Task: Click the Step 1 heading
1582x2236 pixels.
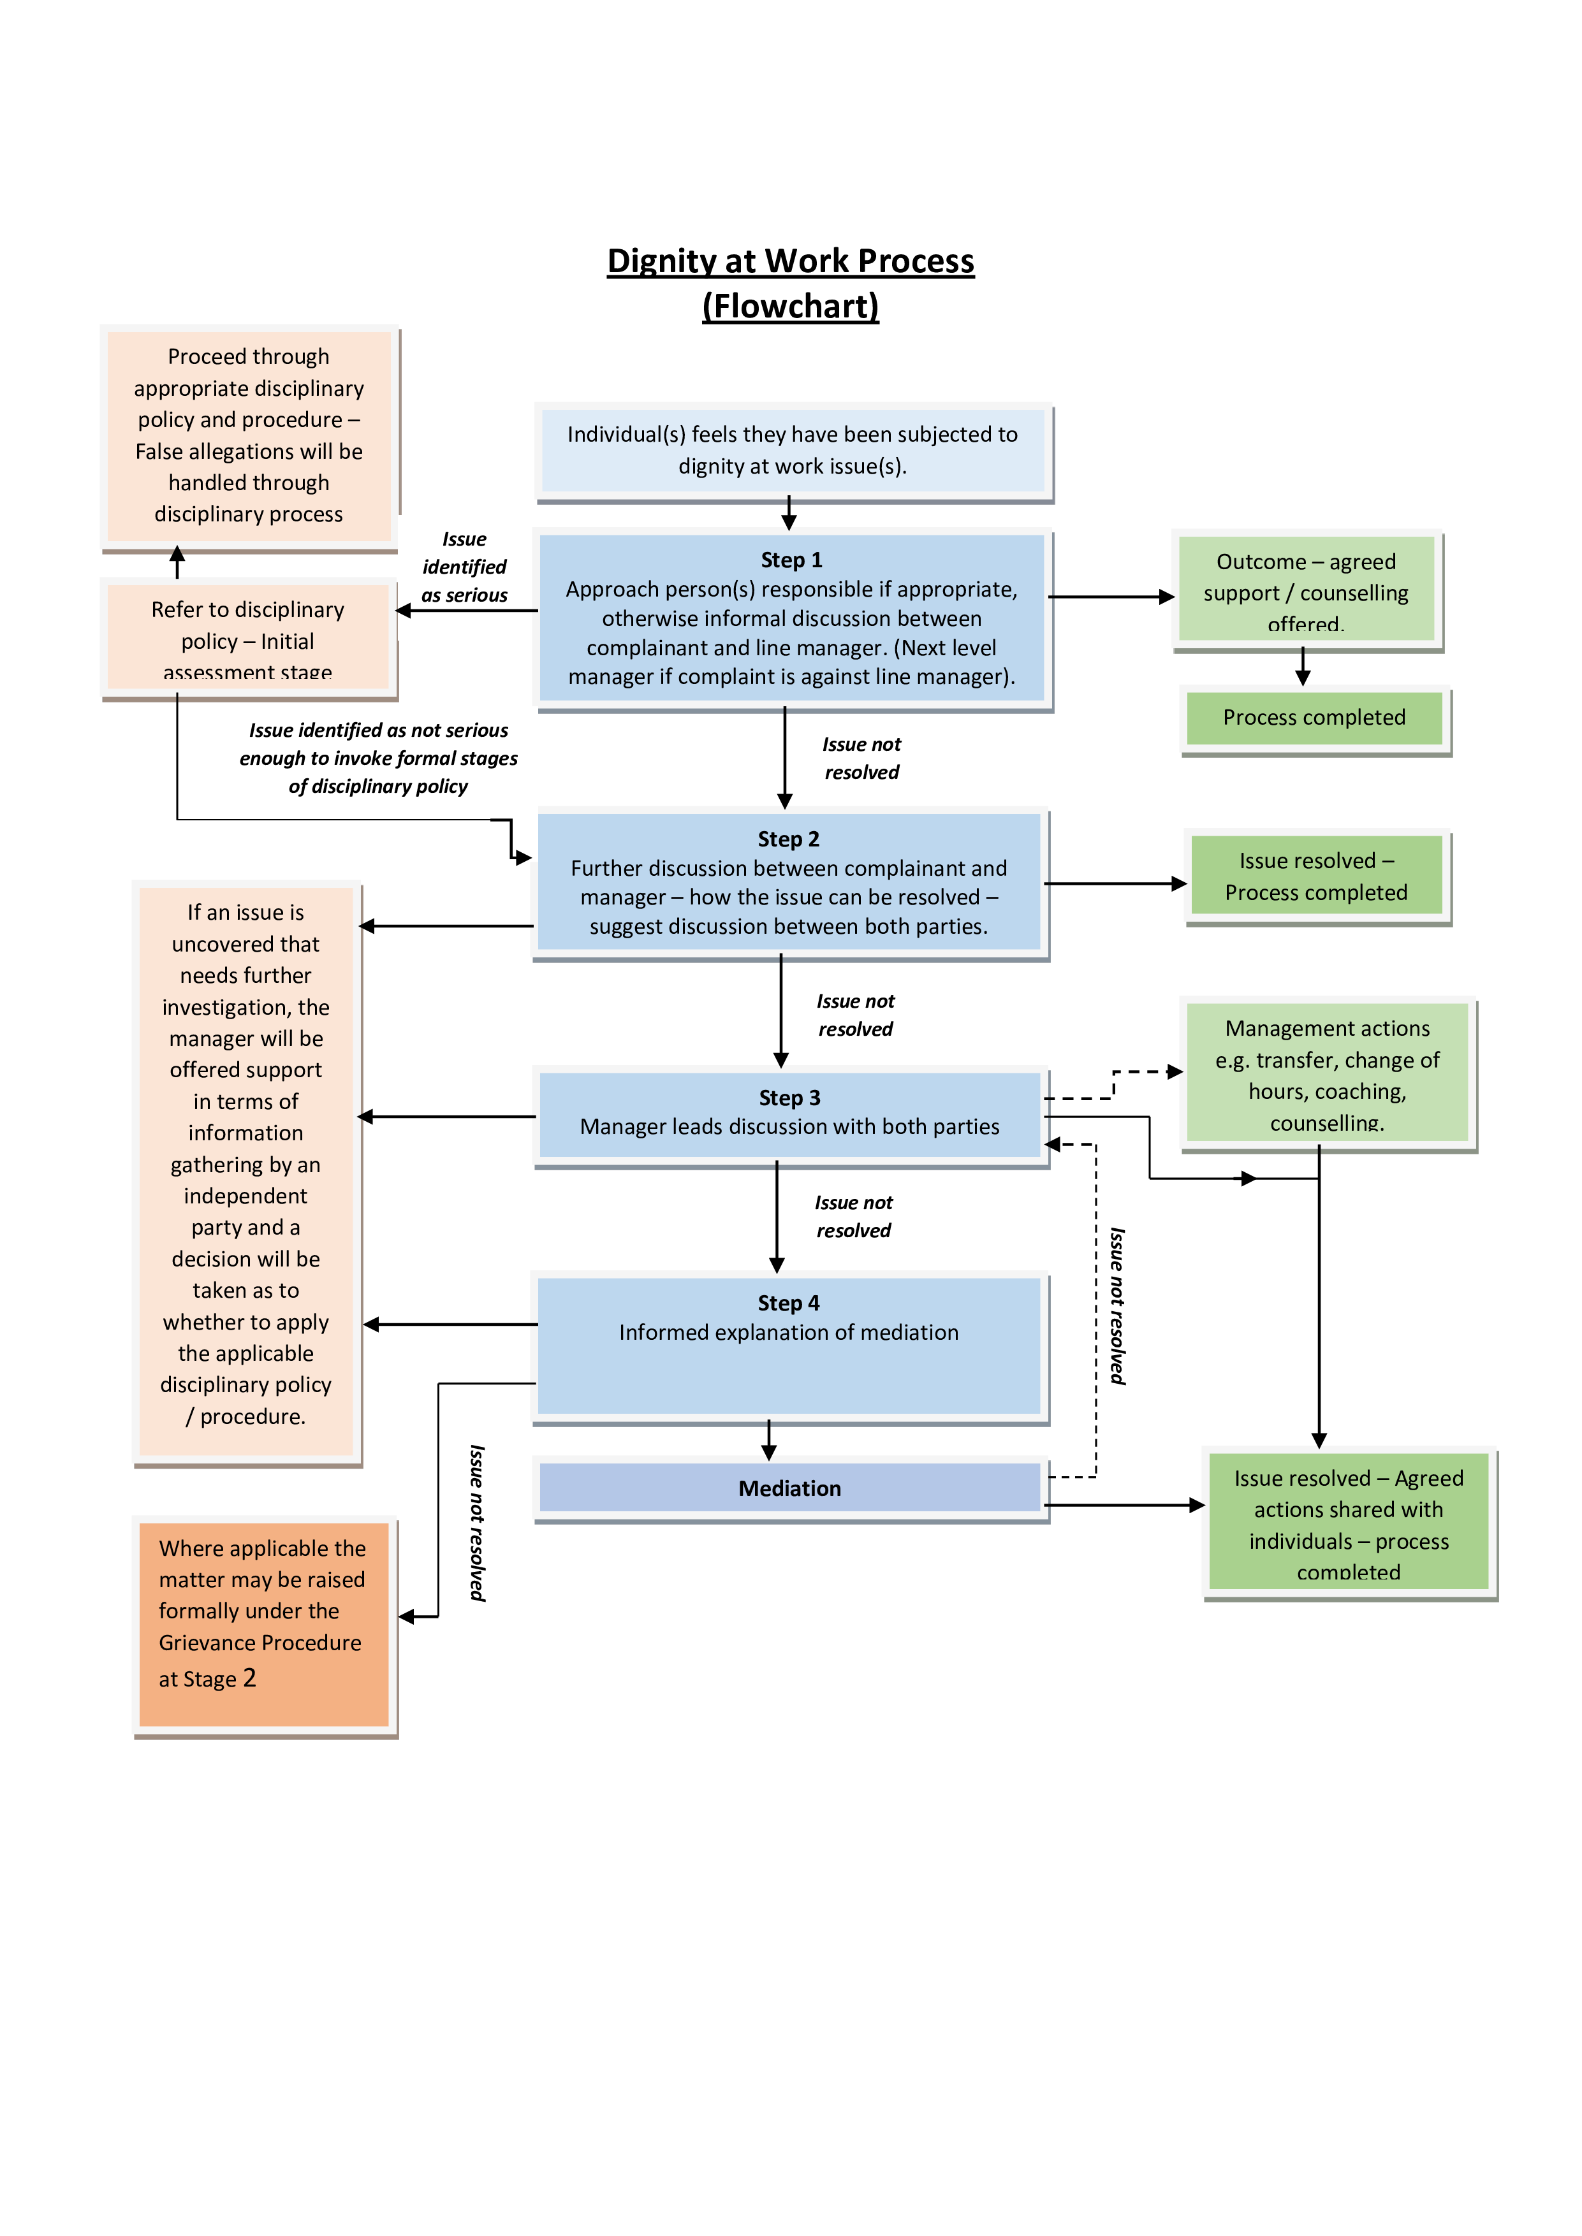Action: [791, 560]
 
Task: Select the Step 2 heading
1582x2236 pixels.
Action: [788, 839]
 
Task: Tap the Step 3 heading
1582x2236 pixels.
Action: [789, 1098]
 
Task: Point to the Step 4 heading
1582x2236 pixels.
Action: [788, 1303]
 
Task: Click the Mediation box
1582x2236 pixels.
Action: [789, 1488]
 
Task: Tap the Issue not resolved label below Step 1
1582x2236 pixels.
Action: [861, 758]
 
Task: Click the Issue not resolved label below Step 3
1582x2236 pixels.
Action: [853, 1216]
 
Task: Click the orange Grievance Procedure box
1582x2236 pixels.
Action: [263, 1623]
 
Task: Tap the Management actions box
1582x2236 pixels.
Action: [1327, 1073]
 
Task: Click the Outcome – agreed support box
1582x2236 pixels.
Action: [1305, 590]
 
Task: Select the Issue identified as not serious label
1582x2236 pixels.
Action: [378, 759]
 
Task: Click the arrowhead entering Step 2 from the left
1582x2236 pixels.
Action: [524, 857]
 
